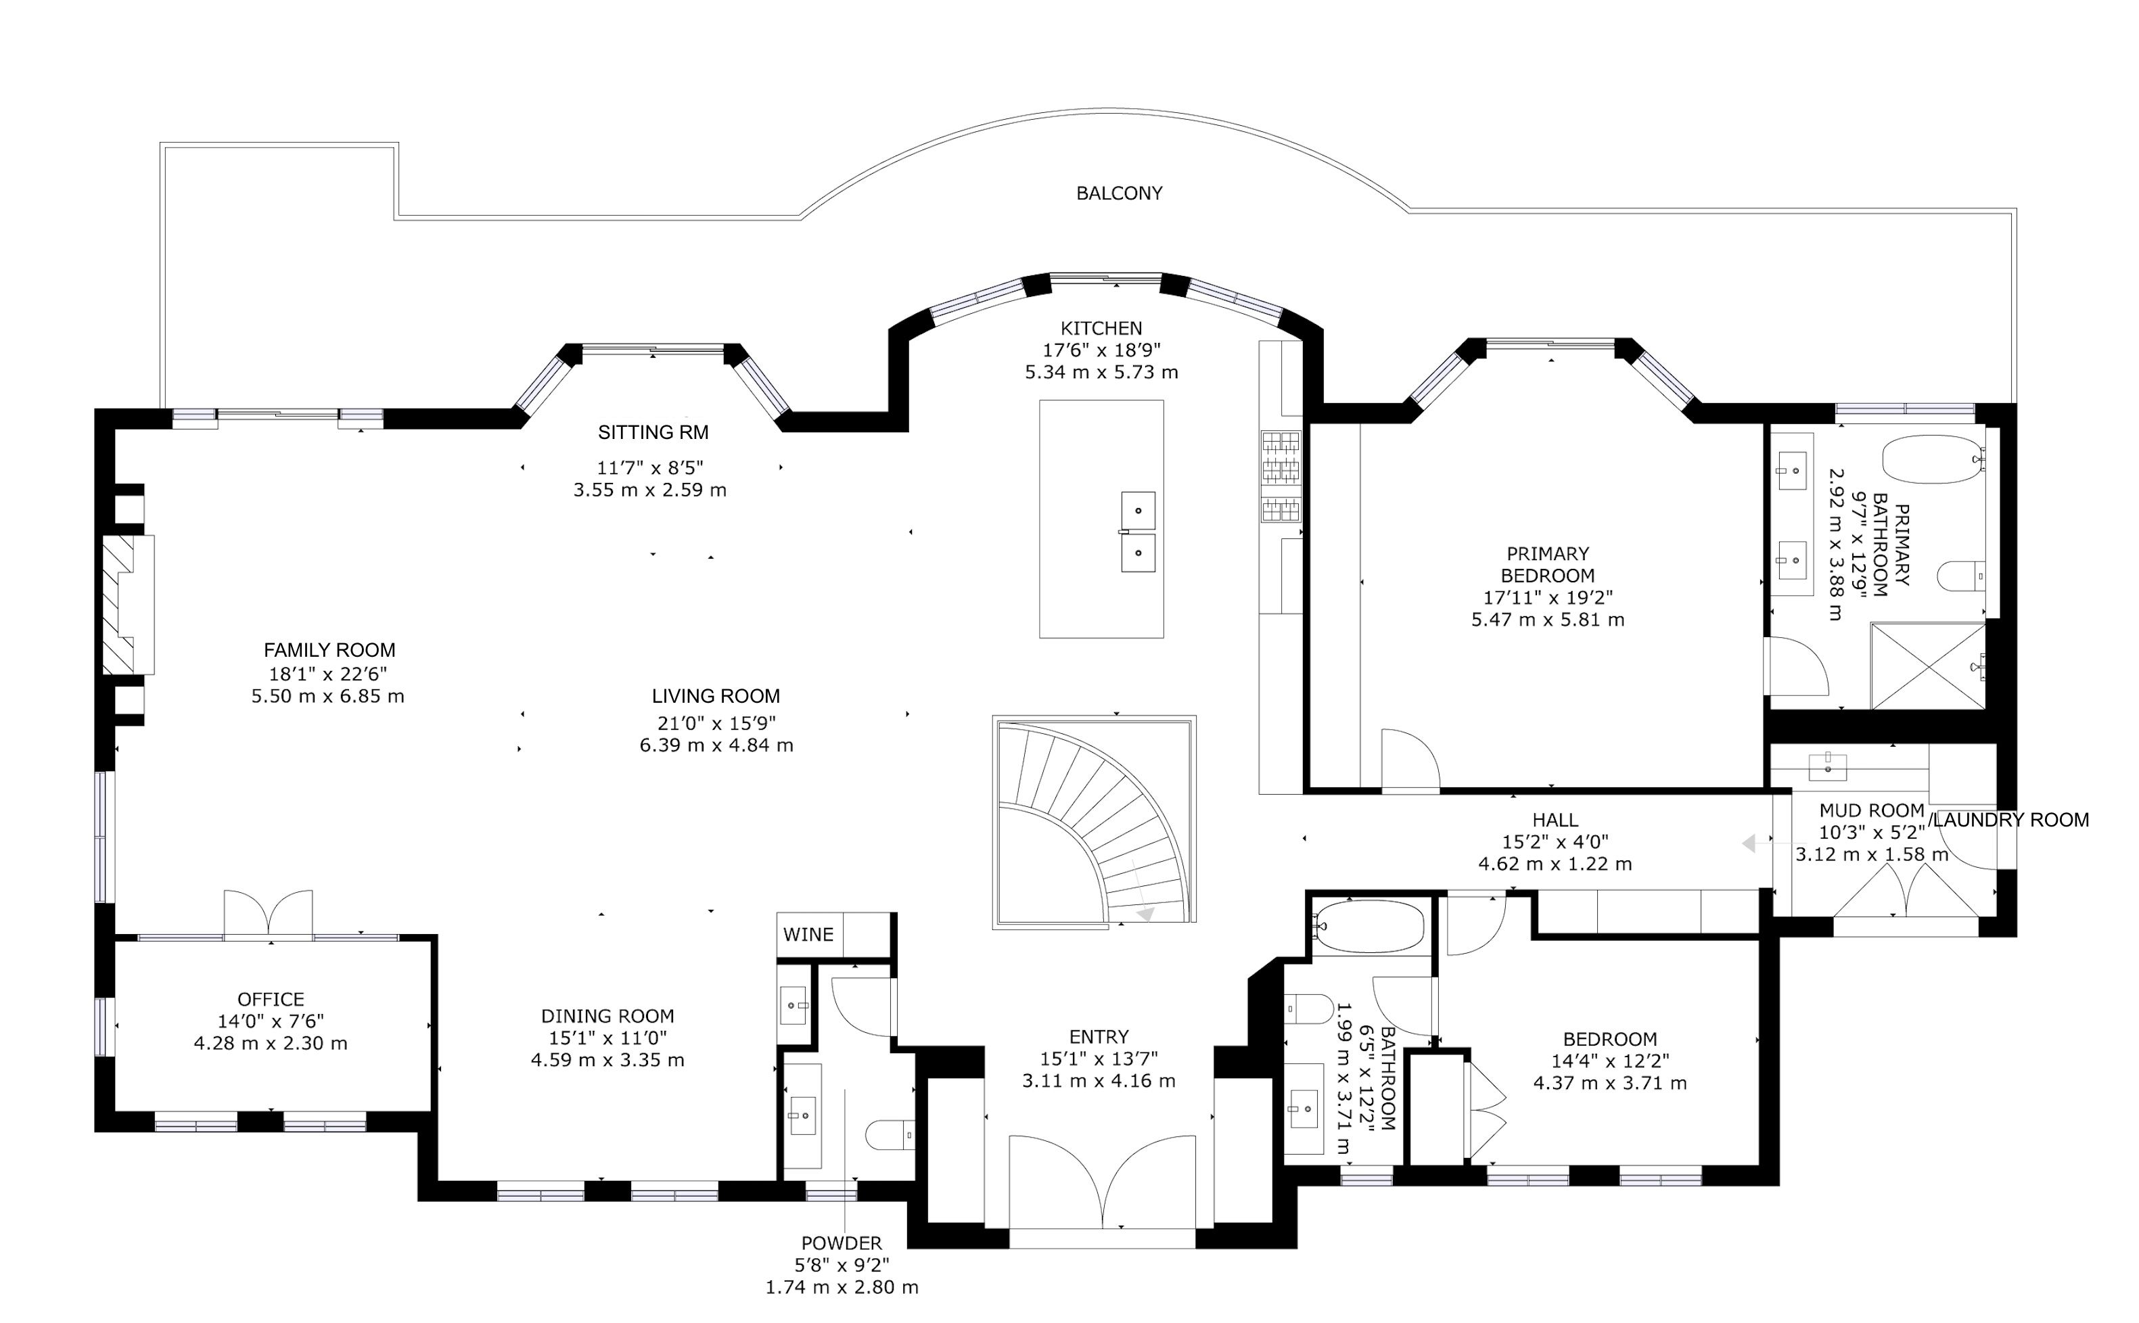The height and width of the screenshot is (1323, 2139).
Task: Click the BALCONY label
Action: [x=1119, y=193]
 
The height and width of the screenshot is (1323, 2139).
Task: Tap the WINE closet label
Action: [x=808, y=935]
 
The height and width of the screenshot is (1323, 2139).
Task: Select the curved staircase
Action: [x=1095, y=822]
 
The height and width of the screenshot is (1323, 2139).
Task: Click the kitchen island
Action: [x=1101, y=519]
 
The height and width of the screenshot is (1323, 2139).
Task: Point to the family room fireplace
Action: [x=129, y=605]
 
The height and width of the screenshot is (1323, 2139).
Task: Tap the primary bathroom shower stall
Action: [x=1928, y=666]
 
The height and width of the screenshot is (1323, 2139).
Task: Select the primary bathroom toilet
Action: [x=1960, y=577]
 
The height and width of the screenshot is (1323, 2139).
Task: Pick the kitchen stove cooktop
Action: [x=1281, y=476]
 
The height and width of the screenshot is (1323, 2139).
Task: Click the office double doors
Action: [x=269, y=914]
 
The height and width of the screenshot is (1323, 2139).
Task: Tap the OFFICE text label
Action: [x=271, y=999]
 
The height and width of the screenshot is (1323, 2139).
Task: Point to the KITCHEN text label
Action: [x=1101, y=328]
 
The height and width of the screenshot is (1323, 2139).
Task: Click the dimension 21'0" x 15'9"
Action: [x=716, y=723]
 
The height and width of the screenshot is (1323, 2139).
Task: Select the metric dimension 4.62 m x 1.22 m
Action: [x=1555, y=864]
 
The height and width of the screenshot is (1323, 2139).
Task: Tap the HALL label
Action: [x=1555, y=820]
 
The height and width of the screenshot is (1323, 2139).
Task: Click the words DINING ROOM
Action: [x=608, y=1016]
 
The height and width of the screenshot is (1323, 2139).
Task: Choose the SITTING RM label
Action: [x=653, y=432]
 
